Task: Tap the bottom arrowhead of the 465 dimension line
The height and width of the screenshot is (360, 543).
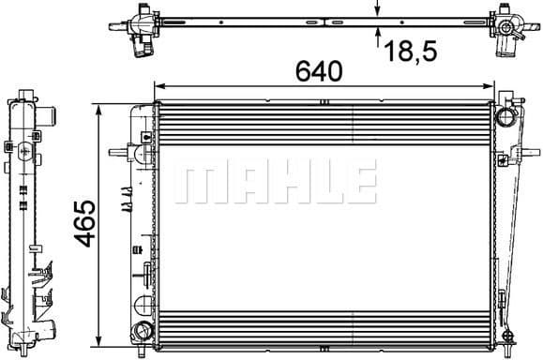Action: [98, 338]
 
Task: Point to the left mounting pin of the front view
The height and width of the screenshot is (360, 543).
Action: [117, 152]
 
